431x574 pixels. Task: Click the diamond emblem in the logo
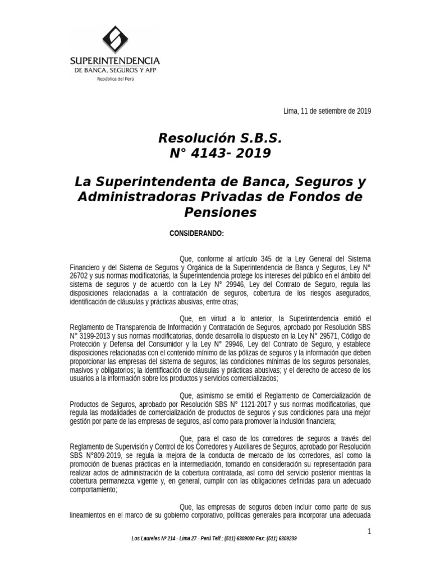coord(114,40)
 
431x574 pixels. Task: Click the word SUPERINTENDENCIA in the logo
coord(114,61)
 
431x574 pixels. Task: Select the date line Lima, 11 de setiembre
coord(327,110)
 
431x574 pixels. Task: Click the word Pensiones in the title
coord(220,212)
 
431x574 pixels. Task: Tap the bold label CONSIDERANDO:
coord(196,233)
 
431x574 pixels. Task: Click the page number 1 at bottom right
coord(369,531)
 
